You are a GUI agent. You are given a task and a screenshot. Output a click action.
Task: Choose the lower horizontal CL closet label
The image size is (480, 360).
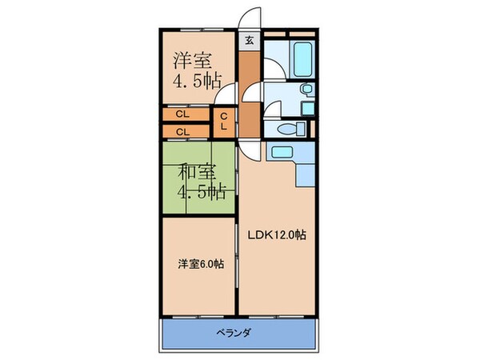pyautogui.click(x=182, y=131)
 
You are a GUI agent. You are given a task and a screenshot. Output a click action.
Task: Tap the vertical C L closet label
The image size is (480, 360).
pyautogui.click(x=223, y=122)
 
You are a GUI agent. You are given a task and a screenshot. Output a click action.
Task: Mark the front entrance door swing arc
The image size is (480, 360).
pyautogui.click(x=250, y=18)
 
